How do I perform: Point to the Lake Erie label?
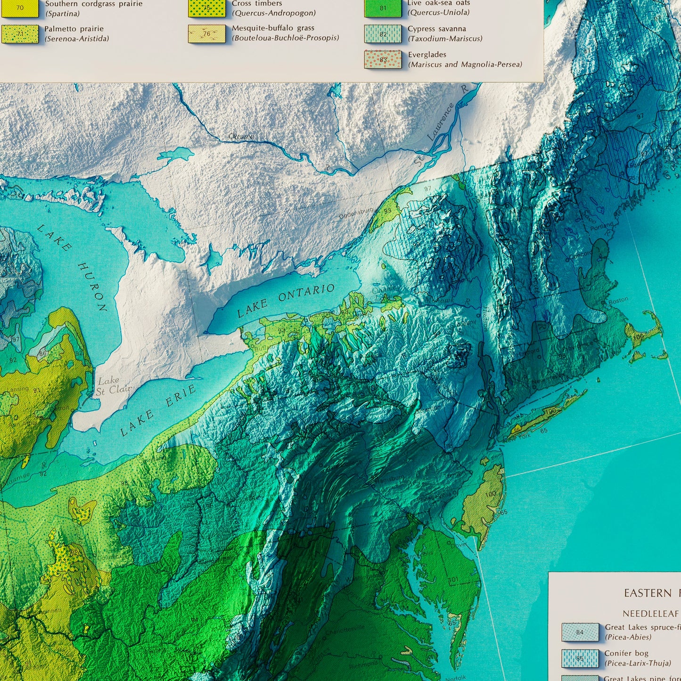pyautogui.click(x=157, y=410)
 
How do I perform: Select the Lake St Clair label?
pyautogui.click(x=108, y=385)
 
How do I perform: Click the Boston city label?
pyautogui.click(x=618, y=300)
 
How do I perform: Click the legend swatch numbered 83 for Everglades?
pyautogui.click(x=383, y=59)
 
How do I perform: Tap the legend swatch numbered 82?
pyautogui.click(x=383, y=34)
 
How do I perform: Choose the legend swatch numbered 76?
pyautogui.click(x=206, y=34)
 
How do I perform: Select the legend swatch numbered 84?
pyautogui.click(x=580, y=632)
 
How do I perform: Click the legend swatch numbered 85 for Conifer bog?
pyautogui.click(x=580, y=658)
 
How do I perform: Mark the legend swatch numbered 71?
pyautogui.click(x=20, y=34)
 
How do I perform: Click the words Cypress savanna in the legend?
pyautogui.click(x=436, y=29)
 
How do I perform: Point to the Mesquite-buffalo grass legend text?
pyautogui.click(x=273, y=28)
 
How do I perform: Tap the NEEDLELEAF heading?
pyautogui.click(x=651, y=614)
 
